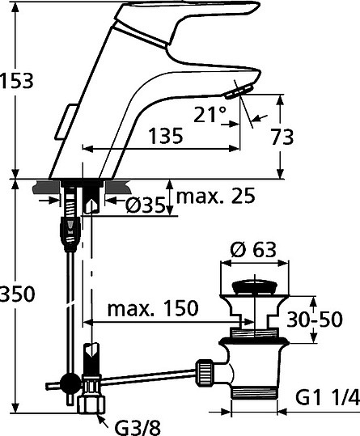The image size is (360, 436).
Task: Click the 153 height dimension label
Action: pos(17,81)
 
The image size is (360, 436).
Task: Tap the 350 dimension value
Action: pos(17,294)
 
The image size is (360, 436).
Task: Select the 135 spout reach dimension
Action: pos(166,136)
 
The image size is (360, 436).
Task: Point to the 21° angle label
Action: pos(210,115)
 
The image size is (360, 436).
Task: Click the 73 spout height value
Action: pos(282,137)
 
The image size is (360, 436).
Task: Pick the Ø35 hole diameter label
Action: pos(145,205)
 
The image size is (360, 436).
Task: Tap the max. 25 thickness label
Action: pos(216,196)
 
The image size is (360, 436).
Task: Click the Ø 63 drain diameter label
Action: pos(253,249)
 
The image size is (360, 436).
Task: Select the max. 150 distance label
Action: pos(153,308)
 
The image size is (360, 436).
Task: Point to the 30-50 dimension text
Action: pos(315,319)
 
